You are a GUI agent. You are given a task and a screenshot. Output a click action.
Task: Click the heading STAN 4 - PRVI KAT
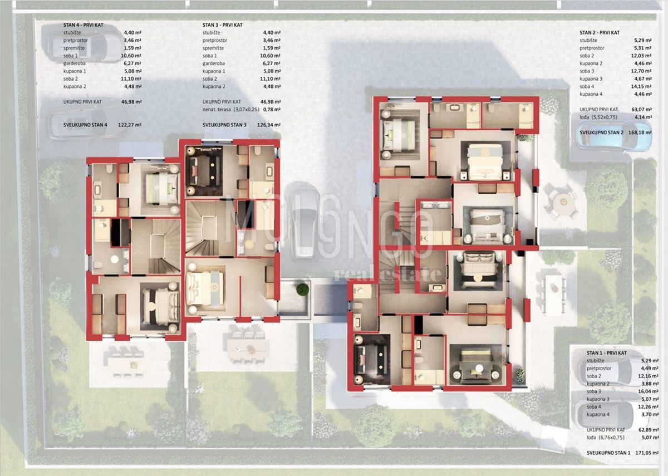(x=83, y=25)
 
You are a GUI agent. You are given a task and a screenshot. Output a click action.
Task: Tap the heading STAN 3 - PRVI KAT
(x=222, y=25)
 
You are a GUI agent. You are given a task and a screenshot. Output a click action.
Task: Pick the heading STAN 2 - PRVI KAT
(x=600, y=33)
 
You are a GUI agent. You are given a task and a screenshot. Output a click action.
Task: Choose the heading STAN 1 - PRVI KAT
(x=606, y=353)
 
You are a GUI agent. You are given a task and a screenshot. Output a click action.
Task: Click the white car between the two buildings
(x=303, y=223)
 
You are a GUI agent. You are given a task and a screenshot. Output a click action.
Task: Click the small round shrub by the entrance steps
(x=302, y=289)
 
